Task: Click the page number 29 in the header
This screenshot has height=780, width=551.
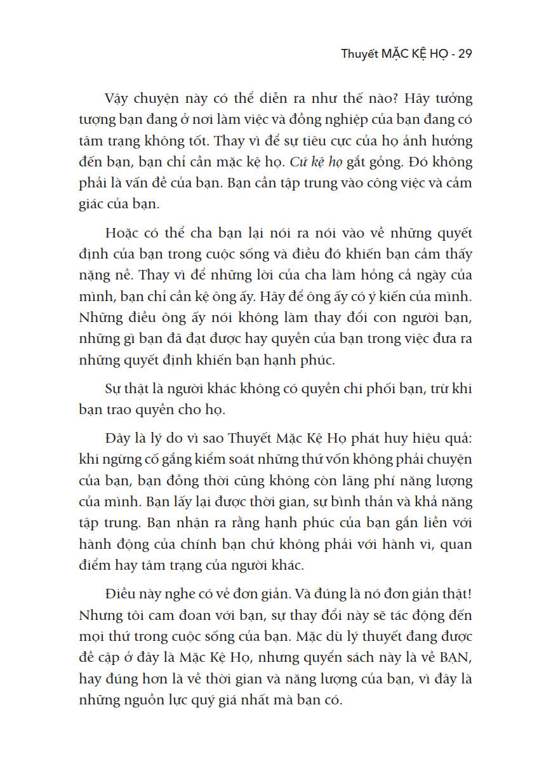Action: (464, 53)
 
